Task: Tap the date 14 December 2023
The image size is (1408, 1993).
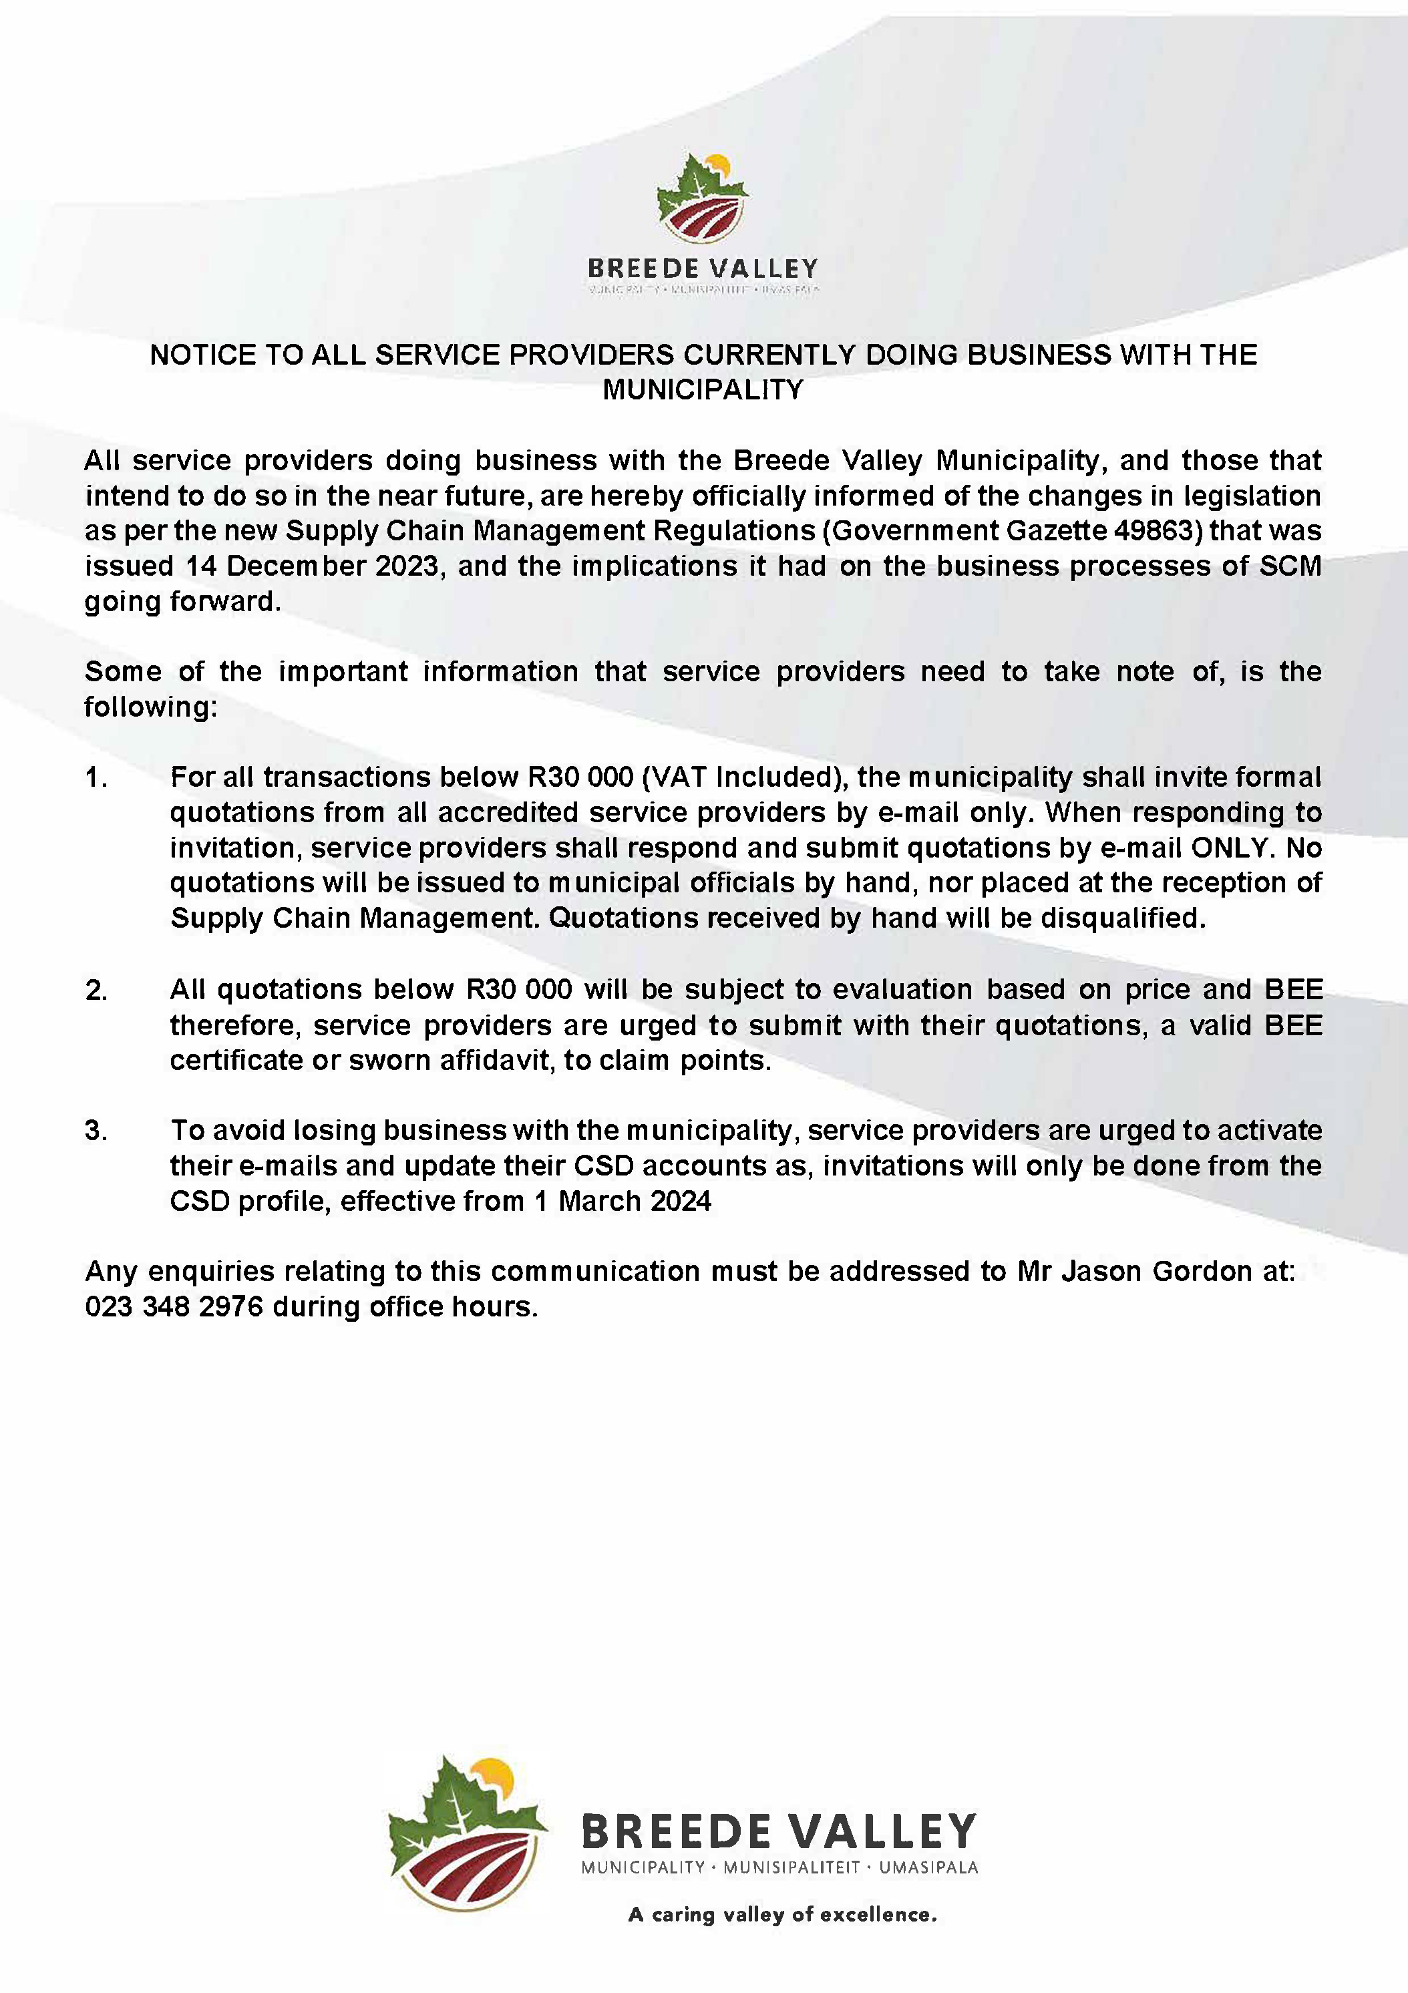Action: pos(313,566)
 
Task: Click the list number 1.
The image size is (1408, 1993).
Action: pos(96,777)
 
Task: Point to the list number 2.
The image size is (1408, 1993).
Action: pos(96,990)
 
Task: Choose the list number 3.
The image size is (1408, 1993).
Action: pos(96,1131)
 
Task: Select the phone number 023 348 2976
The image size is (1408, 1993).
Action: pos(174,1307)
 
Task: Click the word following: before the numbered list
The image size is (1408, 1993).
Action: pos(150,707)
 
